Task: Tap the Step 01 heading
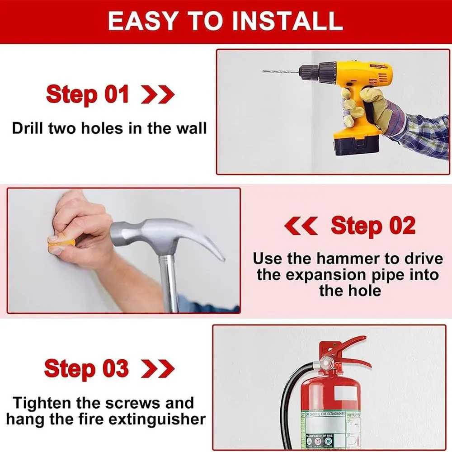[x=87, y=95]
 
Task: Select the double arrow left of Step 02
[x=301, y=226]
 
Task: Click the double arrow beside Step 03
[x=157, y=368]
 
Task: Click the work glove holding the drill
[x=362, y=106]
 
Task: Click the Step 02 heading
[x=373, y=226]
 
